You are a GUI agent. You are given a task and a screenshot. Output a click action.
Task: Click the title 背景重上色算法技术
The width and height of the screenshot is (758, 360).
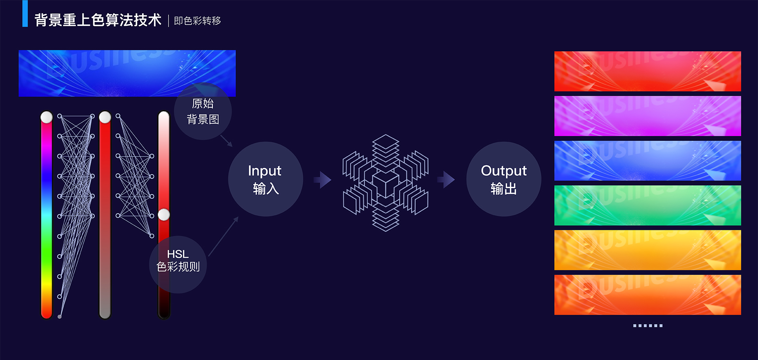[x=98, y=20]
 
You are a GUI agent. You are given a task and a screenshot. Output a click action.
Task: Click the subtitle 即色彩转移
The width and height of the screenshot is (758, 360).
[x=197, y=21]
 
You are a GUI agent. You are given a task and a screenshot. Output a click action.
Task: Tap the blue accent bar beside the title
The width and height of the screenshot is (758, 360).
[x=25, y=13]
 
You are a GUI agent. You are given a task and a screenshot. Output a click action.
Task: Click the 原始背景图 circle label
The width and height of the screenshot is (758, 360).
[x=203, y=112]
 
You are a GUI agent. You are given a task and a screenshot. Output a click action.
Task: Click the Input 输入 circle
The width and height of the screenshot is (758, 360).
[x=265, y=179]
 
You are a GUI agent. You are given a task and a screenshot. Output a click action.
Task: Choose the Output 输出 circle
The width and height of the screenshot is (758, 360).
[x=504, y=179]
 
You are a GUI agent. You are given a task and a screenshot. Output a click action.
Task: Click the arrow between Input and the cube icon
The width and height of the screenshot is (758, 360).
[x=323, y=180]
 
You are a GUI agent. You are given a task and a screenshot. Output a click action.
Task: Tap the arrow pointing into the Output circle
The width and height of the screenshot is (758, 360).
[x=447, y=180]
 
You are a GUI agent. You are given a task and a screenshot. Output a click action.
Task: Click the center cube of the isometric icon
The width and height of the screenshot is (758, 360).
[x=386, y=184]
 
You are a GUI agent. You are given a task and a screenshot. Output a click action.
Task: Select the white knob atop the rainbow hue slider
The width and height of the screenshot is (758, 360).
[x=47, y=117]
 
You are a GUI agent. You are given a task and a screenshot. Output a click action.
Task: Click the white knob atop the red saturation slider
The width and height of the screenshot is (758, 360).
[x=105, y=117]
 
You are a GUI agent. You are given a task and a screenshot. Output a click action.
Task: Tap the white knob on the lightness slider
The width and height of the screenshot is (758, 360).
[x=164, y=215]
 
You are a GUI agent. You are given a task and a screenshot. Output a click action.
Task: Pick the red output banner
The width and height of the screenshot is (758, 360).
[x=647, y=71]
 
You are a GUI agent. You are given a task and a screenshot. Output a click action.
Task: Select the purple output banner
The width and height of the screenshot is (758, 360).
[x=647, y=116]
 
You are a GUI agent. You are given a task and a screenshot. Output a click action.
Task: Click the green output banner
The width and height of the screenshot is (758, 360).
[x=647, y=205]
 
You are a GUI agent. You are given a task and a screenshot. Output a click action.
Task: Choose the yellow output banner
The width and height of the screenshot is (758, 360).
[x=647, y=250]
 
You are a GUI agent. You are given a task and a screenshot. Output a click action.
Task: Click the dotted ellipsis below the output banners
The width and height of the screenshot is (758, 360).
[x=647, y=326]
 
